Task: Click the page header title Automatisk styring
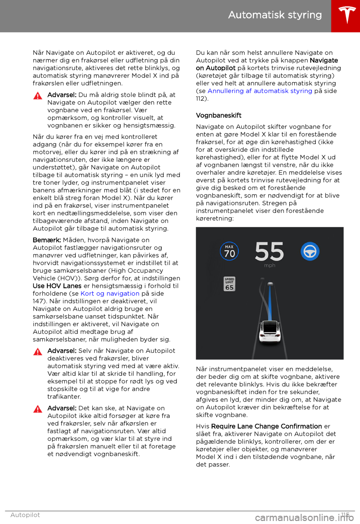[x=275, y=15]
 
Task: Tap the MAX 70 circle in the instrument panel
[x=229, y=251]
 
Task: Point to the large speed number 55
[x=269, y=251]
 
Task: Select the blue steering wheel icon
[x=310, y=251]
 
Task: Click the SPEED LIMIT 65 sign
[x=229, y=284]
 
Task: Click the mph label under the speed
[x=269, y=265]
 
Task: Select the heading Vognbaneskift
[x=219, y=115]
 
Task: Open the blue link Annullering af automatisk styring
[x=259, y=91]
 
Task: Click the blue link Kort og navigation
[x=110, y=294]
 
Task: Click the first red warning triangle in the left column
[x=38, y=96]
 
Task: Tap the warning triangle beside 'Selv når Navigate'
[x=38, y=352]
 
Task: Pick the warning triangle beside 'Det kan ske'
[x=38, y=409]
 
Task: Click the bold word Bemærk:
[x=47, y=240]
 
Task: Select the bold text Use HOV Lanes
[x=57, y=286]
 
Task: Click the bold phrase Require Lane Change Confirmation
[x=266, y=426]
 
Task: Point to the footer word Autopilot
[x=25, y=515]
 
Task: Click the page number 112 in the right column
[x=201, y=99]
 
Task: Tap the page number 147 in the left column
[x=39, y=301]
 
